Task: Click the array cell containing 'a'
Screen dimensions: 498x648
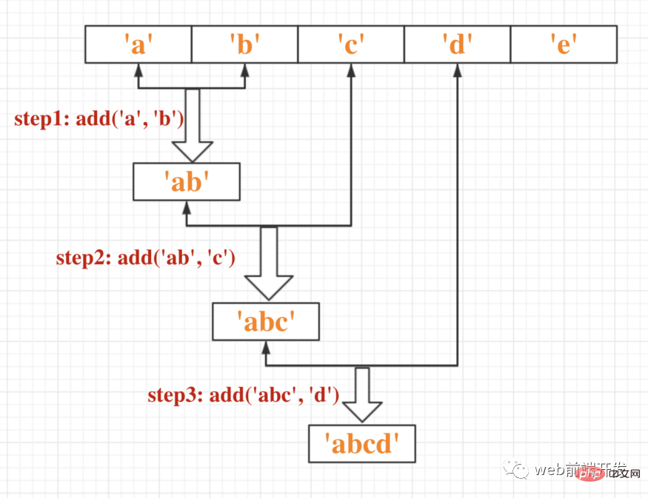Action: click(x=138, y=44)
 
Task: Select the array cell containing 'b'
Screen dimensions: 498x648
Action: click(x=244, y=44)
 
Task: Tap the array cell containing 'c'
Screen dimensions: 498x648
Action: click(x=351, y=44)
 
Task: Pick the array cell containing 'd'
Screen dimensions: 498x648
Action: click(x=457, y=44)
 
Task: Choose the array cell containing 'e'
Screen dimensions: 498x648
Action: click(x=564, y=44)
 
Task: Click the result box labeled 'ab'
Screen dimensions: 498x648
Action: click(x=187, y=182)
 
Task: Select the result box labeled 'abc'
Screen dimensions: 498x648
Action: click(x=265, y=322)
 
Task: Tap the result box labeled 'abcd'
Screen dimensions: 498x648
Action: click(x=362, y=444)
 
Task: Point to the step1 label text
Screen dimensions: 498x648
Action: click(x=99, y=119)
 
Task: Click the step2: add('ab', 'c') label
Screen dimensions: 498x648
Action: click(x=146, y=258)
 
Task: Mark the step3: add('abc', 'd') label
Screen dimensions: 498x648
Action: click(x=243, y=396)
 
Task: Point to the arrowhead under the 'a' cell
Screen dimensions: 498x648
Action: click(x=138, y=70)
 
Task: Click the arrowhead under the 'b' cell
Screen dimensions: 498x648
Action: click(x=244, y=70)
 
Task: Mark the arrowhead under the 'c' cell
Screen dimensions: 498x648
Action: click(x=351, y=70)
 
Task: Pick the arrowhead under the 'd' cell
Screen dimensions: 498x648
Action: click(x=457, y=70)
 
